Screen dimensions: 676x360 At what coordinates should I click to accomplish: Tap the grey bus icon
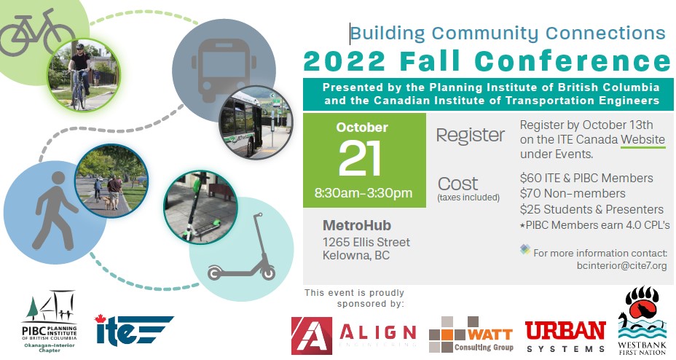click(224, 70)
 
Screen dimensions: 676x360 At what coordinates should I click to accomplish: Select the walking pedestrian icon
click(55, 211)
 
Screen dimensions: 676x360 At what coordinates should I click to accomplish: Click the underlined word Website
click(642, 140)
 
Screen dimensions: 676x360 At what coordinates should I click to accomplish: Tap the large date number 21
click(361, 158)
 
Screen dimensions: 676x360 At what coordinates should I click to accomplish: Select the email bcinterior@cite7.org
click(621, 265)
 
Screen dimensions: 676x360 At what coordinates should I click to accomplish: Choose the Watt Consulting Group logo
click(471, 335)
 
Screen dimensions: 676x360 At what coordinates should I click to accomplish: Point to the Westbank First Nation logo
click(642, 321)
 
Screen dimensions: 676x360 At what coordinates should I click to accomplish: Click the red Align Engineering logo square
click(312, 336)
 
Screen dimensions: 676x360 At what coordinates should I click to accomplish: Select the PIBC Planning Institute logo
click(50, 321)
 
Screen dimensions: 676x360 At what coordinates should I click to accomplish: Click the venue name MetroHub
click(357, 225)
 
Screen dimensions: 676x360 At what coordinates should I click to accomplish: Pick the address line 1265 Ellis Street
click(366, 242)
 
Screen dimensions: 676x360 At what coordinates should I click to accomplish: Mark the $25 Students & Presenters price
click(591, 210)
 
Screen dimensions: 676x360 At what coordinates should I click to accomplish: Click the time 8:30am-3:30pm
click(363, 192)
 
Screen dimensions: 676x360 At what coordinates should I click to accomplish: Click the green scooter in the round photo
click(201, 206)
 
